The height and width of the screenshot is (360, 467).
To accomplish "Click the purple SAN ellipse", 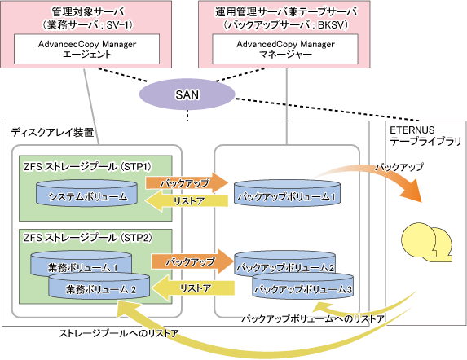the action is click(187, 94).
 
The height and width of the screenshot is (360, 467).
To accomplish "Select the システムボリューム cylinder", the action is click(86, 193).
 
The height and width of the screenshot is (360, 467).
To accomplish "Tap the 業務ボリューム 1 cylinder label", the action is click(83, 268).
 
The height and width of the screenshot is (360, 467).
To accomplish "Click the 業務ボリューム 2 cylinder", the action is click(99, 286).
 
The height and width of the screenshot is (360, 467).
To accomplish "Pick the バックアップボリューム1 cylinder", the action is click(287, 193).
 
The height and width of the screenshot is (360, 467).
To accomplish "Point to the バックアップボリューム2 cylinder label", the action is click(285, 267).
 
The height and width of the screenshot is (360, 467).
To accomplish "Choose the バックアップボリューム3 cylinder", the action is click(303, 286).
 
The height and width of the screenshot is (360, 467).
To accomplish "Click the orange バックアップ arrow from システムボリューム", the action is click(187, 182).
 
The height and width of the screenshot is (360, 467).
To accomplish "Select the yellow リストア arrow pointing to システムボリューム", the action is click(187, 201).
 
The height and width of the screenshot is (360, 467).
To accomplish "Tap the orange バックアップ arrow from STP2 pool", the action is click(192, 261).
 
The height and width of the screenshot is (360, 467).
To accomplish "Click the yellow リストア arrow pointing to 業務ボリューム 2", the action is click(193, 288).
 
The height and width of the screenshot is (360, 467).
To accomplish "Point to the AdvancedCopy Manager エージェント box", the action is click(86, 49).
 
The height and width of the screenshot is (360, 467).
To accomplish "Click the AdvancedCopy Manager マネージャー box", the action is click(285, 49).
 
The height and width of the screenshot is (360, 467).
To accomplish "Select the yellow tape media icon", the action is click(427, 242).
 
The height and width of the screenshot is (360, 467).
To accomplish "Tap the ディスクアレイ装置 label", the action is click(52, 133).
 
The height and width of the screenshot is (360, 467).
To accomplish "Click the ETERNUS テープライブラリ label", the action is click(425, 135).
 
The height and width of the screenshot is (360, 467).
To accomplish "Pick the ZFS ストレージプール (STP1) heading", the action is click(87, 167).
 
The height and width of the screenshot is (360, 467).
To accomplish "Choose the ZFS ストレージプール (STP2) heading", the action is click(88, 238).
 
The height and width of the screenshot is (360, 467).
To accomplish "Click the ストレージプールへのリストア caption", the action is click(119, 333).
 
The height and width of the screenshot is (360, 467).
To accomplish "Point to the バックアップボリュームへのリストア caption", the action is click(313, 318).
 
